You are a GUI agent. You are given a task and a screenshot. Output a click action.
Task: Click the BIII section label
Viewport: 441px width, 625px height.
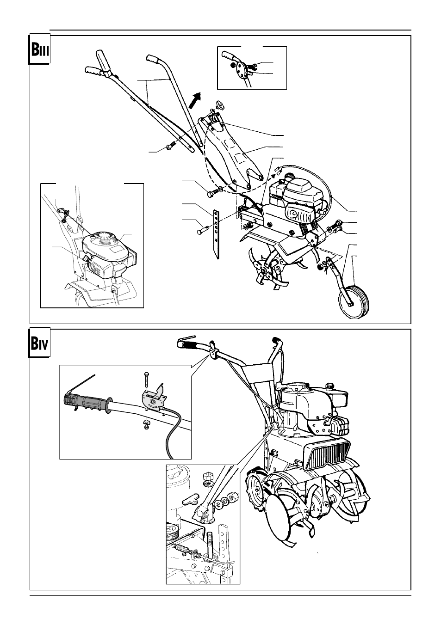(x=39, y=49)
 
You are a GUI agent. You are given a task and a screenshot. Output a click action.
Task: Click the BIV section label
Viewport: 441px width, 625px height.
(x=39, y=343)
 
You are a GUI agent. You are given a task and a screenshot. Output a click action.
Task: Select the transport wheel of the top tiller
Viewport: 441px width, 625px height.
(x=354, y=301)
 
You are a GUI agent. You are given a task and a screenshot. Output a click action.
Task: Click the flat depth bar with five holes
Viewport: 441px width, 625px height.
(x=217, y=233)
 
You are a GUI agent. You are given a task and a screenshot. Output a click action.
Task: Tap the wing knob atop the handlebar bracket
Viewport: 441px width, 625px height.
(x=216, y=105)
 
